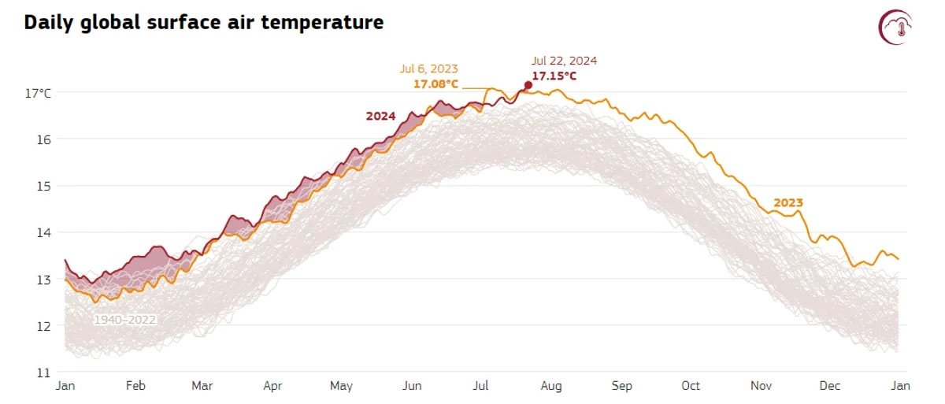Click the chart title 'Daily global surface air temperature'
(204, 23)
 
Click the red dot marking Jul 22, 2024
(528, 85)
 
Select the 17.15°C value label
(554, 76)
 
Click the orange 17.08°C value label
(435, 83)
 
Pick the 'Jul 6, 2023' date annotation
(428, 69)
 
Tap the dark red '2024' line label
(380, 116)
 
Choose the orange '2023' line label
(787, 202)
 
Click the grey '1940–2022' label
(124, 320)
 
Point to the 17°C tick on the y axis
(38, 93)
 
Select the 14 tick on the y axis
(44, 232)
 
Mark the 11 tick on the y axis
(44, 372)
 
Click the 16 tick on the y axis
(44, 139)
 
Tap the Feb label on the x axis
(135, 386)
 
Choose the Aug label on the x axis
(550, 386)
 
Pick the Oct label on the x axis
(691, 386)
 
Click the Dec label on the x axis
(831, 386)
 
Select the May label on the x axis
(341, 386)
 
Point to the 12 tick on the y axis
(44, 325)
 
